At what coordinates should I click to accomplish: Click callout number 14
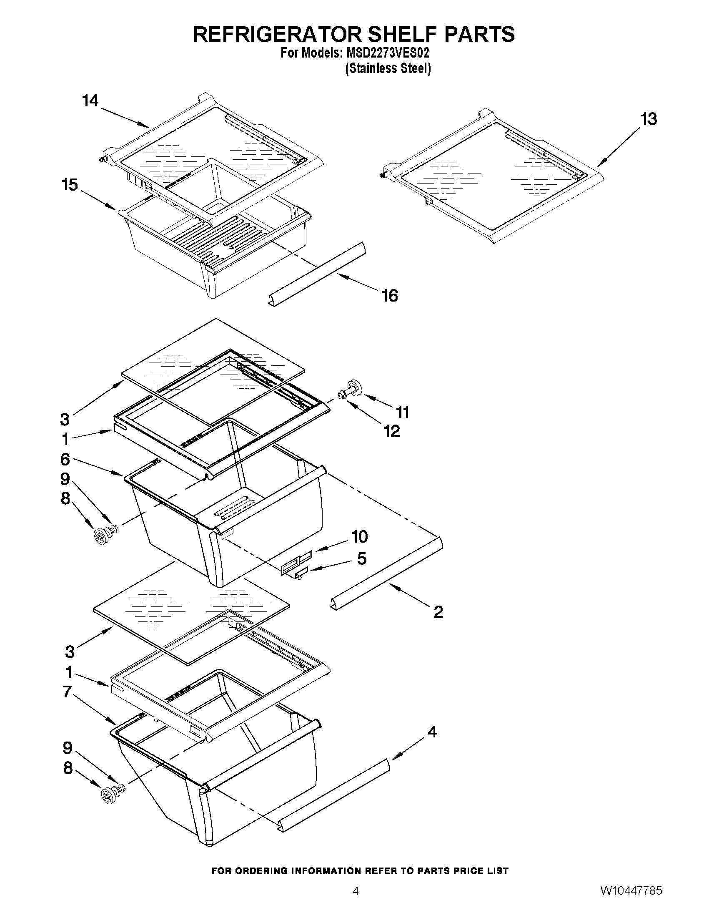coord(90,101)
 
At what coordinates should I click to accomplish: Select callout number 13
coord(649,119)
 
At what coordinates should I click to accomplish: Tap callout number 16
coord(389,296)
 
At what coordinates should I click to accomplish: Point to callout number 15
coord(70,184)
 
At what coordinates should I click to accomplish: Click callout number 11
coord(403,413)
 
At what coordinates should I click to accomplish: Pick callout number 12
coord(391,431)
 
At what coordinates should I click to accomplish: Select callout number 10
coord(360,537)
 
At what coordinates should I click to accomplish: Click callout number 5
coord(362,558)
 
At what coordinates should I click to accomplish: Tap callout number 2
coord(438,612)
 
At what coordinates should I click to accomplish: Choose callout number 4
coord(432,732)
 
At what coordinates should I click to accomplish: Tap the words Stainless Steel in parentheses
coord(388,68)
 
